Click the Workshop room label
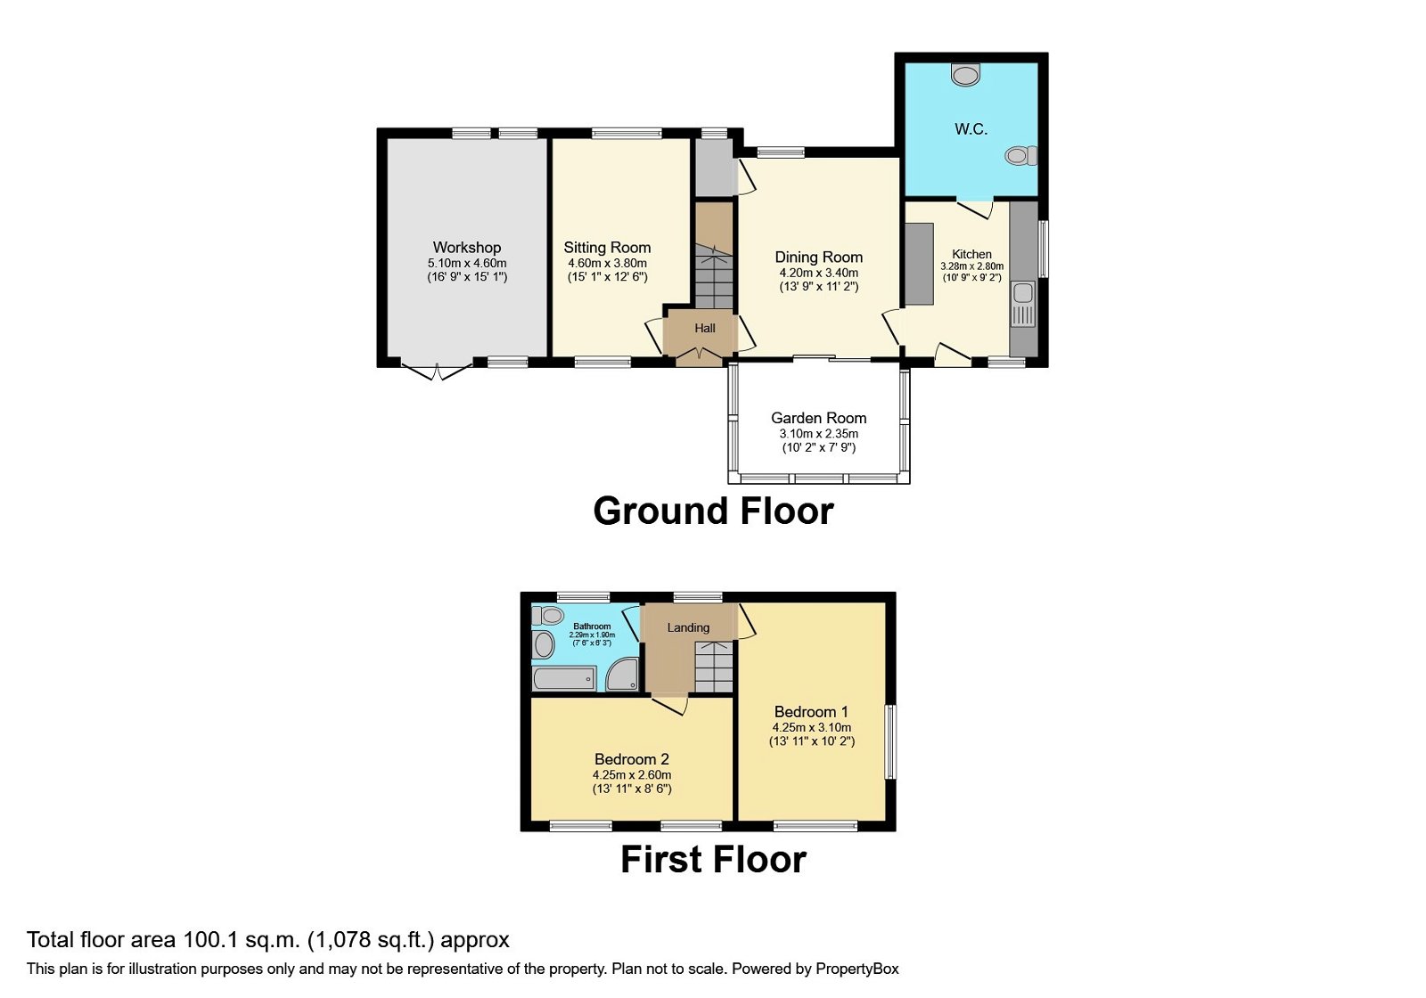pos(467,248)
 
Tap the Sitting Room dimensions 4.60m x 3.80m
pos(607,264)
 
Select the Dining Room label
pos(818,258)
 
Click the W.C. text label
pos(971,129)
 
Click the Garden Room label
pos(818,418)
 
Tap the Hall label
pos(705,329)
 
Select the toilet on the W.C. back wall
pos(965,74)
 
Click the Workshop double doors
pos(436,370)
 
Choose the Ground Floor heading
pos(713,511)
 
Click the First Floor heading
pos(713,860)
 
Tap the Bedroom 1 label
pos(811,712)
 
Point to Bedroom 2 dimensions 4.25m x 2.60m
pos(632,775)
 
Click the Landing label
pos(688,628)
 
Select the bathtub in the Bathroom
pos(564,680)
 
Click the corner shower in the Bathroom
pos(623,675)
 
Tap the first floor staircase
pos(713,668)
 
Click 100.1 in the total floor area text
pos(211,940)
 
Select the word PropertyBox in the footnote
pos(856,969)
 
